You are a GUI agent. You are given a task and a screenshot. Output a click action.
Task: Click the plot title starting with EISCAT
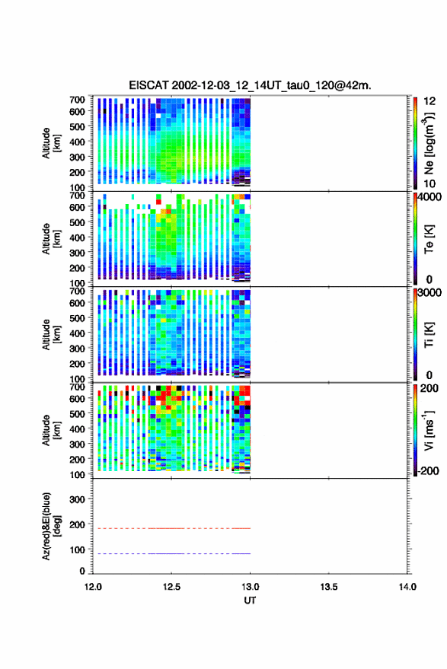click(250, 85)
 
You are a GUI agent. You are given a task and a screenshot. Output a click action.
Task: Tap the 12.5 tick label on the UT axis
click(171, 587)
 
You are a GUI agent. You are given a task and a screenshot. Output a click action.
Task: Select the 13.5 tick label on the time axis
click(329, 587)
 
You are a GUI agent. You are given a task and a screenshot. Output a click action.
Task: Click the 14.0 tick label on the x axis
click(407, 587)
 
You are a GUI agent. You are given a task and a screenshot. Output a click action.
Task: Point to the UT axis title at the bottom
click(250, 601)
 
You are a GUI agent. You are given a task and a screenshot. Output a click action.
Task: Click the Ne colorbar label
click(429, 143)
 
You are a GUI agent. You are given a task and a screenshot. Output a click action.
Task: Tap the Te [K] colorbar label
click(429, 239)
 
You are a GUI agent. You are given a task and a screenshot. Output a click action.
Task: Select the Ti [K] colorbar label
click(429, 335)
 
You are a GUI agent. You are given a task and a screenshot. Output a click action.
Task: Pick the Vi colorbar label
click(429, 430)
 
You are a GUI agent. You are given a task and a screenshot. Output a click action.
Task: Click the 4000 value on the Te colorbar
click(429, 197)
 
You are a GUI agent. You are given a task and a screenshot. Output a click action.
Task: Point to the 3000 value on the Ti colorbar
click(429, 293)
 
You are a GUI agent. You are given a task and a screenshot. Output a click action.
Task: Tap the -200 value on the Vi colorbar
click(427, 471)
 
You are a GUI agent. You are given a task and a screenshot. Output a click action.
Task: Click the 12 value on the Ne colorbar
click(429, 101)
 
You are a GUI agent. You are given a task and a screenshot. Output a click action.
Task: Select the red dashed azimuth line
click(171, 529)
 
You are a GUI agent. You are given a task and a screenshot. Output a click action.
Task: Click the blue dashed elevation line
click(171, 554)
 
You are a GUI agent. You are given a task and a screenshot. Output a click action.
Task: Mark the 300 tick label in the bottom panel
click(77, 499)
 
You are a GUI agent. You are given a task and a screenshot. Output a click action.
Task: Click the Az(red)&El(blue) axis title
click(51, 527)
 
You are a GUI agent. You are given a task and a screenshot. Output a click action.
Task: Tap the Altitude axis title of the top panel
click(51, 143)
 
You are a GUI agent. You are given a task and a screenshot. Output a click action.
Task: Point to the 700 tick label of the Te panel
click(77, 196)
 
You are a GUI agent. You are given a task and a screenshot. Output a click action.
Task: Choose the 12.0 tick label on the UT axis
click(93, 587)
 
